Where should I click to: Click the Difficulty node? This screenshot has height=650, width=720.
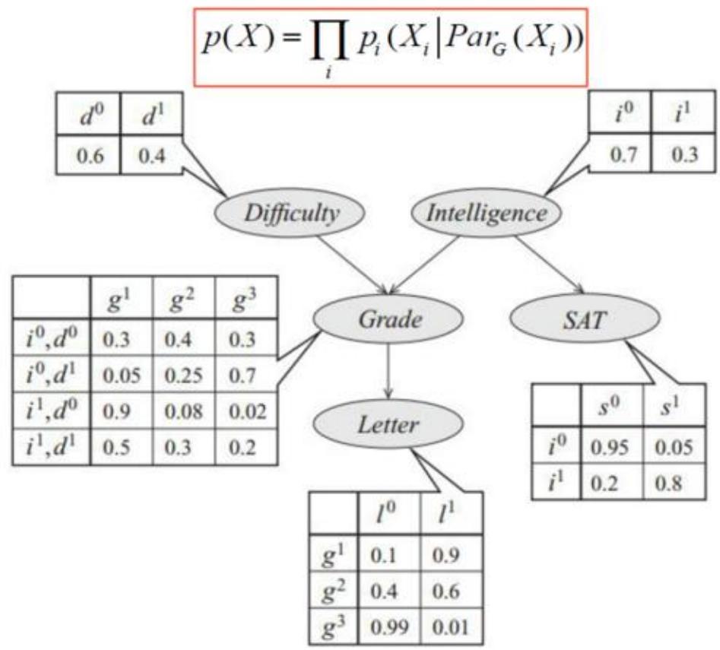291,214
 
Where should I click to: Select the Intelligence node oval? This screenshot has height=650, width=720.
486,214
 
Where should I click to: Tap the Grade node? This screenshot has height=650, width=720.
390,320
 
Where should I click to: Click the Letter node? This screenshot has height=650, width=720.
389,423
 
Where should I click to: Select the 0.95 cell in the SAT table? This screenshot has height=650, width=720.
611,449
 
